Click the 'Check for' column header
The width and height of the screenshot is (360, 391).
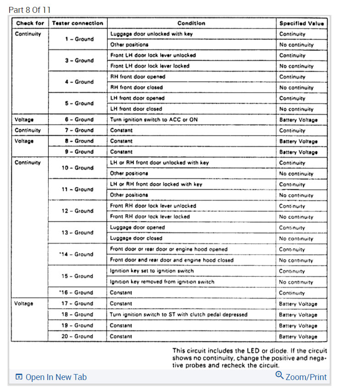30,23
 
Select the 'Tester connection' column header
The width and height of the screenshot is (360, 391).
77,23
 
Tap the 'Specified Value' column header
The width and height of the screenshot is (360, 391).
301,23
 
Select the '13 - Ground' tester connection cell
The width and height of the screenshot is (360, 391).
77,233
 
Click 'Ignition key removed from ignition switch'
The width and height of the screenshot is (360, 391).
162,282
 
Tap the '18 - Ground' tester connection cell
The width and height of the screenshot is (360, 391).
77,315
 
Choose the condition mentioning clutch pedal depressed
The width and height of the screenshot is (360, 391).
179,315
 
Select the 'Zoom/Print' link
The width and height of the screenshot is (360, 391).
306,377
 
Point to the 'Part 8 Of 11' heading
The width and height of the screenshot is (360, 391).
30,10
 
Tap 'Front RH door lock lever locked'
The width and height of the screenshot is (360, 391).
150,217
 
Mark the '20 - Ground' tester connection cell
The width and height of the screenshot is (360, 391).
77,336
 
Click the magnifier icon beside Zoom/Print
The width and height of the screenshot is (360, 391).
279,376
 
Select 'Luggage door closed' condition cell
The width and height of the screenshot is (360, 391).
136,238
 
